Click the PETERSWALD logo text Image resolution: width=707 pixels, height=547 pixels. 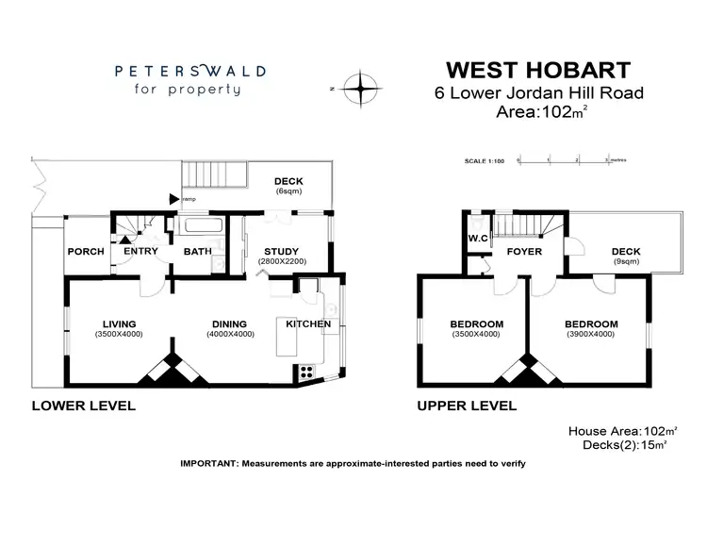click(190, 71)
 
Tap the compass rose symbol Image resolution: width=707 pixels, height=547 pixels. click(361, 89)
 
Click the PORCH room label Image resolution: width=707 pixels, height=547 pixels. click(84, 252)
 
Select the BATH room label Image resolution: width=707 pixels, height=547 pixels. click(197, 252)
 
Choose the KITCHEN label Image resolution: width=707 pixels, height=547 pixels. click(308, 323)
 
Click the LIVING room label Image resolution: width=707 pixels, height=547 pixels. click(119, 323)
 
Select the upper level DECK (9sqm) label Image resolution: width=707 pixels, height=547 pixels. click(626, 251)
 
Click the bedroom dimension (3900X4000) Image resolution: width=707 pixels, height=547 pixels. click(591, 334)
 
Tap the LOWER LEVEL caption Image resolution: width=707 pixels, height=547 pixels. click(84, 406)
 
